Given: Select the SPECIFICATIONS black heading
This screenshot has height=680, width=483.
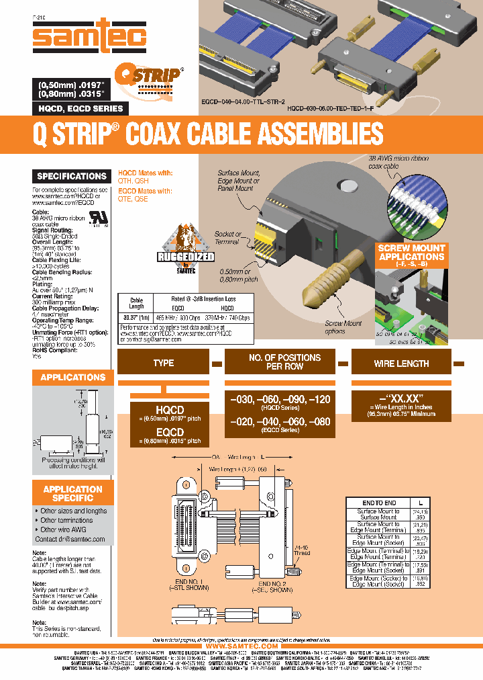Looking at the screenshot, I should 72,176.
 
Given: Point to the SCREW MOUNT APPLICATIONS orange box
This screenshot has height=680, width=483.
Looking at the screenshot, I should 411,256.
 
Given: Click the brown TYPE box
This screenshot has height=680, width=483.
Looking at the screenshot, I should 164,363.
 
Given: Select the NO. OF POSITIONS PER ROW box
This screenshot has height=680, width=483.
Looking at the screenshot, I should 284,363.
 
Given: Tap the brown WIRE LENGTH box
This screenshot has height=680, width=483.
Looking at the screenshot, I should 401,363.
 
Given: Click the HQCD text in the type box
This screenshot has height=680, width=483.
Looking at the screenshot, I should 164,410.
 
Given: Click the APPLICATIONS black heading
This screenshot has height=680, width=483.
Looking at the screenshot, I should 72,377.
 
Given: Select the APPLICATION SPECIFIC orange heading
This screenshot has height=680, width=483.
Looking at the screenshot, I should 72,493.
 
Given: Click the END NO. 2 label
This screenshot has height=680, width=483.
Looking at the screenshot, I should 273,585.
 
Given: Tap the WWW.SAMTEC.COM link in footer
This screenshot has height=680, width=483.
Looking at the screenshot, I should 241,646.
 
